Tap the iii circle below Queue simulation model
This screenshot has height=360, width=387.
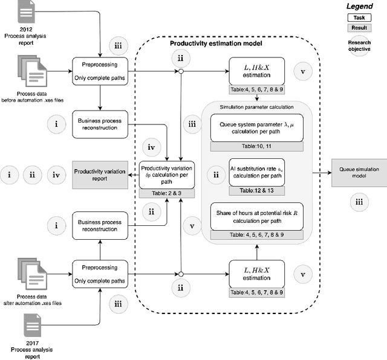click(x=359, y=203)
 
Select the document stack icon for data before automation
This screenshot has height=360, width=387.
click(x=30, y=71)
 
